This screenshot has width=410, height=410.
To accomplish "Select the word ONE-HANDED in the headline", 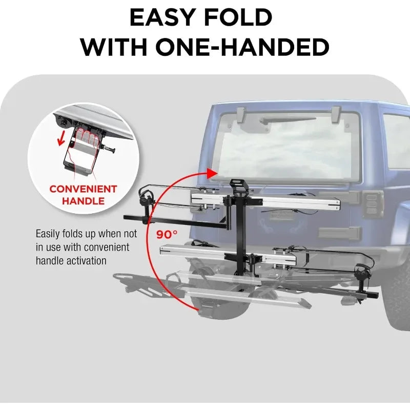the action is tap(242, 47).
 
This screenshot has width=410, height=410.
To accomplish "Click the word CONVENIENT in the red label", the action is tap(83, 189).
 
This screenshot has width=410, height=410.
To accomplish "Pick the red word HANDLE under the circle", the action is tap(83, 201).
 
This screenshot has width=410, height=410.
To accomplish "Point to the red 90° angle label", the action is tap(167, 235).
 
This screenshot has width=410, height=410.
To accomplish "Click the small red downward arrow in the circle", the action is tap(61, 138).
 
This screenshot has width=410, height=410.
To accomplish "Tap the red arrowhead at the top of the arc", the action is tap(212, 173).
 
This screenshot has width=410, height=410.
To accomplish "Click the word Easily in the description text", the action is tap(47, 234).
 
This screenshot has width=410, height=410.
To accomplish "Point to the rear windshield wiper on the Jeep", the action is tap(288, 120).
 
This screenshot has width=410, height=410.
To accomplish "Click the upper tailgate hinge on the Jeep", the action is tap(340, 197).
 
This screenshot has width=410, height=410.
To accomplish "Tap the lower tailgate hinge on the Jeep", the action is tap(340, 233).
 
